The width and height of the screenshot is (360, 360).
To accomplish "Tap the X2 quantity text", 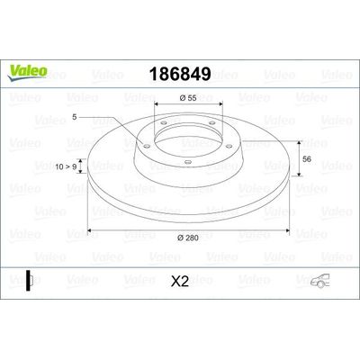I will (x=180, y=281).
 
